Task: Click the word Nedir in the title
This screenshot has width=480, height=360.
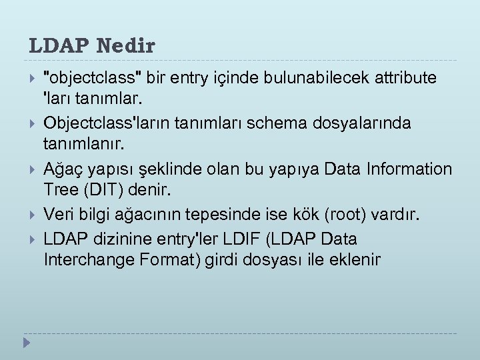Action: tap(126, 47)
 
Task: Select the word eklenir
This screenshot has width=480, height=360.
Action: tap(354, 259)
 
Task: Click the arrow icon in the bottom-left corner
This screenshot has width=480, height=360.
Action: tap(27, 343)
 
